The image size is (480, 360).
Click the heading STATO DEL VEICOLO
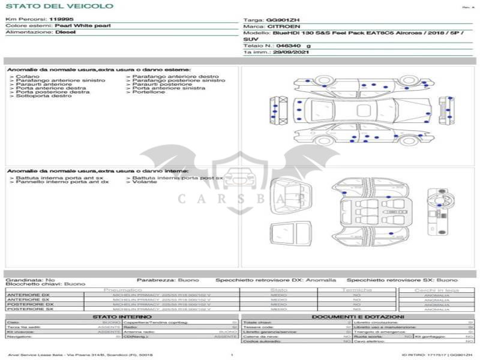click(x=59, y=6)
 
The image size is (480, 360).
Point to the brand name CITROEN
click(x=280, y=27)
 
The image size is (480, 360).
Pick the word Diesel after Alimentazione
click(x=65, y=32)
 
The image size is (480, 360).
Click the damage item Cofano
click(x=28, y=77)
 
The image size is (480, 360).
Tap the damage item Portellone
click(x=149, y=92)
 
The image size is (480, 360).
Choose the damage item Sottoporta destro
click(x=44, y=96)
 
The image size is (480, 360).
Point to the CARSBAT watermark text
click(x=240, y=198)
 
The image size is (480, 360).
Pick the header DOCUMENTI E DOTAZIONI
click(x=358, y=317)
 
